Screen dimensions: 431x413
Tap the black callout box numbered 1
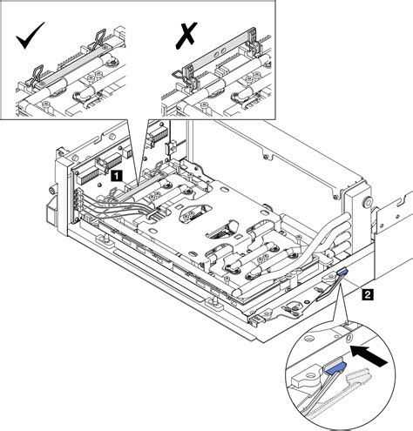(115, 175)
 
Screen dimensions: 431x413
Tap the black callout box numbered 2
(369, 295)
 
